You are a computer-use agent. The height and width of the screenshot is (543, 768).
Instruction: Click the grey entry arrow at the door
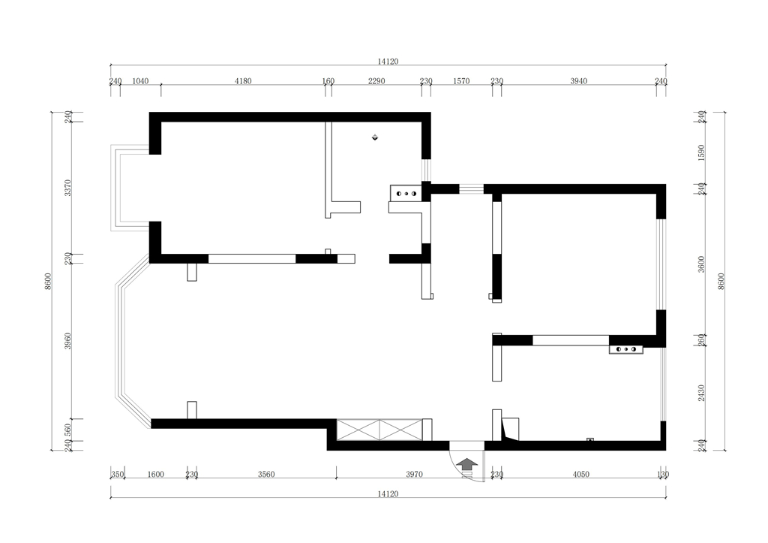[468, 465]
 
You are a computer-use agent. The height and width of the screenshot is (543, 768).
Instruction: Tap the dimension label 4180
[243, 81]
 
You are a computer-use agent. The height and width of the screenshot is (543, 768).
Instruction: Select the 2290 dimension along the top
[376, 81]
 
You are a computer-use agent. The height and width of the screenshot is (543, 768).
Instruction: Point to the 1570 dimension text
[461, 81]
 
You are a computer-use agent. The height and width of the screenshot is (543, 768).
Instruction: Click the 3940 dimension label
[578, 81]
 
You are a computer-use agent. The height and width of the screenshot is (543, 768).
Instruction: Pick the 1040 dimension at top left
[140, 81]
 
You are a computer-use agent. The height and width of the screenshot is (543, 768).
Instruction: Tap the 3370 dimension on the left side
[68, 188]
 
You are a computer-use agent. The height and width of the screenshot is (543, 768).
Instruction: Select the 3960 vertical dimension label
[68, 341]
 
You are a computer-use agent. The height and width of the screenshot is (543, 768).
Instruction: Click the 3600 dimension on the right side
[701, 264]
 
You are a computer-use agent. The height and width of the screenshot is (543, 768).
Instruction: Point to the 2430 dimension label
[701, 393]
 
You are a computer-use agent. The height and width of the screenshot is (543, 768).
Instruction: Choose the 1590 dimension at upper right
[701, 152]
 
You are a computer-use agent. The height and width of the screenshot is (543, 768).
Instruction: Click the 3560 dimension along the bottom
[266, 475]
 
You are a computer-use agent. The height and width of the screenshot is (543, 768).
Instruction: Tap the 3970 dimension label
[414, 475]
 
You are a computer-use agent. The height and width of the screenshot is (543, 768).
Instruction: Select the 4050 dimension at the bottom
[581, 475]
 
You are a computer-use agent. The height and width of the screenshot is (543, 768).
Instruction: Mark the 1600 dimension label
[155, 475]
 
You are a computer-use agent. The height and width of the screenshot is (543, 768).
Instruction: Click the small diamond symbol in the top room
[375, 137]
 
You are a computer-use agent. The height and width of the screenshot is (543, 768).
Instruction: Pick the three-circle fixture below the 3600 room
[626, 349]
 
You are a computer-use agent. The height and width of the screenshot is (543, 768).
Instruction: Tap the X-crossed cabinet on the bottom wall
[379, 430]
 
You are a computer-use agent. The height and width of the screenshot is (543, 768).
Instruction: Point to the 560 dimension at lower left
[68, 430]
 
